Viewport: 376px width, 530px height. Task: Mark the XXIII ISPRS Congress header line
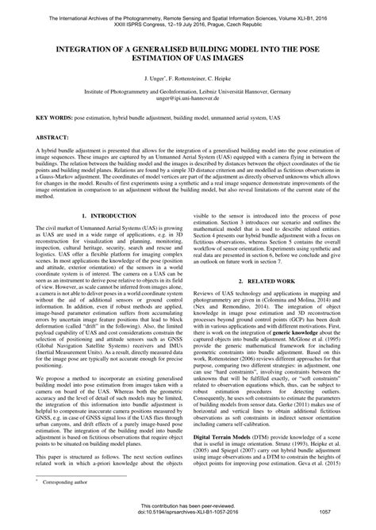point(188,24)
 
